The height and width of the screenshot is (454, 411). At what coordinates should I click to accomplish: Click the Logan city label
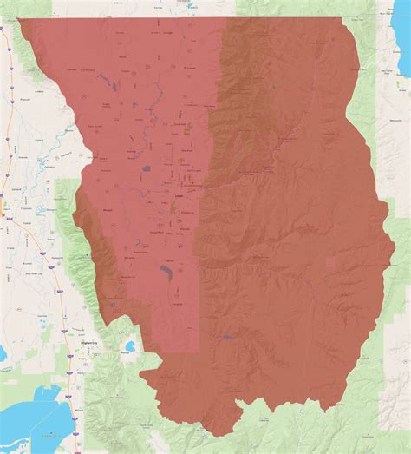[x=179, y=197]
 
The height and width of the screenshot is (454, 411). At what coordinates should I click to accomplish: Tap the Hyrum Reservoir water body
[x=164, y=276]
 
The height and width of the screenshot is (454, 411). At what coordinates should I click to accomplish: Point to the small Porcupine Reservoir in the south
[x=227, y=336]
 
